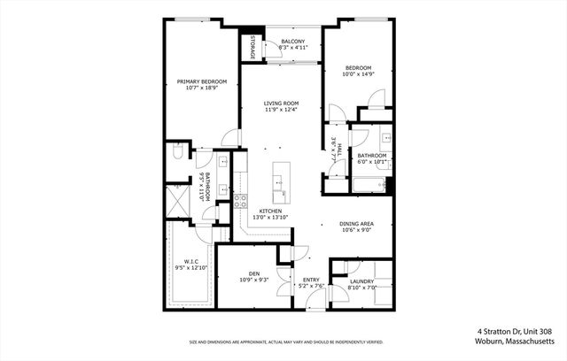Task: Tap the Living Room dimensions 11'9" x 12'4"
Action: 280,111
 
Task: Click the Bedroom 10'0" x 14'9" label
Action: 357,68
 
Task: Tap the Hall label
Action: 334,148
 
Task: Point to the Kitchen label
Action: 270,211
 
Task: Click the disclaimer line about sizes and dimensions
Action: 285,342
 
